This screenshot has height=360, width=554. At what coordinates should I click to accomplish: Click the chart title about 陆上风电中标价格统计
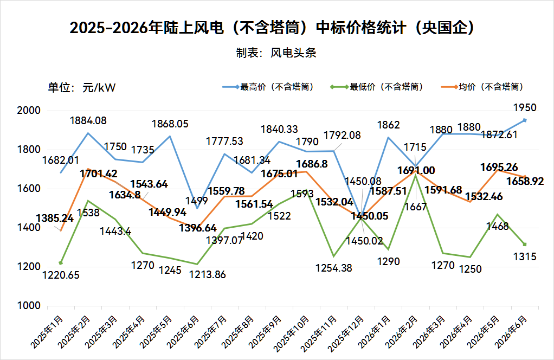[x=273, y=28]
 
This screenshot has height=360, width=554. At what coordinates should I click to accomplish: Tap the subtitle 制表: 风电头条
[x=276, y=53]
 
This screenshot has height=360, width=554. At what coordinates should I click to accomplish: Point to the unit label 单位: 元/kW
[x=82, y=87]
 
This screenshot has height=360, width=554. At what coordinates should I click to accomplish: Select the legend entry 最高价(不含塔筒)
[x=268, y=87]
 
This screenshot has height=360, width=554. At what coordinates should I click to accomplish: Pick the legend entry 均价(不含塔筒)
[x=482, y=87]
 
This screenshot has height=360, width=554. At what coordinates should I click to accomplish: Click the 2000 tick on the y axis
[x=29, y=111]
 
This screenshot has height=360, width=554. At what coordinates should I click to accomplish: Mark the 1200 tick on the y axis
[x=29, y=267]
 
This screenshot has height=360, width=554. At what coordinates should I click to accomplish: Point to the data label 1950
[x=525, y=108]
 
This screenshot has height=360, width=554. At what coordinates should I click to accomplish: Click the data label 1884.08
[x=88, y=121]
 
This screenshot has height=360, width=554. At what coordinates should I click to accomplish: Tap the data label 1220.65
[x=61, y=275]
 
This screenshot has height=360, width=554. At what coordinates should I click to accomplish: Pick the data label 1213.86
[x=208, y=274]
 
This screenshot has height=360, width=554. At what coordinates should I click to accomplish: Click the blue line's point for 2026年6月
[x=525, y=120]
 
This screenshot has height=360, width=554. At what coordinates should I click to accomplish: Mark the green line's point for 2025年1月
[x=61, y=263]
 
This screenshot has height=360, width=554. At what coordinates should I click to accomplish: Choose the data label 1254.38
[x=334, y=268]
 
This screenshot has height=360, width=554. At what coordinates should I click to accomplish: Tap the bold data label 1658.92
[x=525, y=182]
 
